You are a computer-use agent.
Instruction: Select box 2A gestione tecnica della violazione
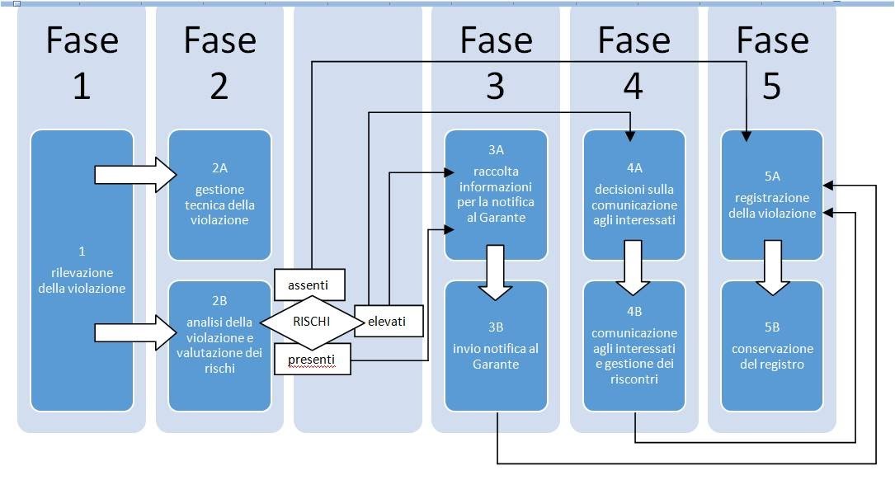tap(219, 195)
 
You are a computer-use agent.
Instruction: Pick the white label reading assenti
tap(308, 285)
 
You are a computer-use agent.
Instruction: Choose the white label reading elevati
tap(389, 322)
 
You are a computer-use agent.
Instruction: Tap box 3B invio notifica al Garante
tap(496, 346)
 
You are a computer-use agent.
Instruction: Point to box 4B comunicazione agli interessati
tap(634, 346)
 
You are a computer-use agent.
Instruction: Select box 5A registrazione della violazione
tap(771, 195)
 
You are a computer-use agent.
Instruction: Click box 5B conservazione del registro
tap(771, 346)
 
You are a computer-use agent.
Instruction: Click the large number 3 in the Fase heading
tap(495, 86)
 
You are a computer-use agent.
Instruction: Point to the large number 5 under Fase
tap(771, 86)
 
